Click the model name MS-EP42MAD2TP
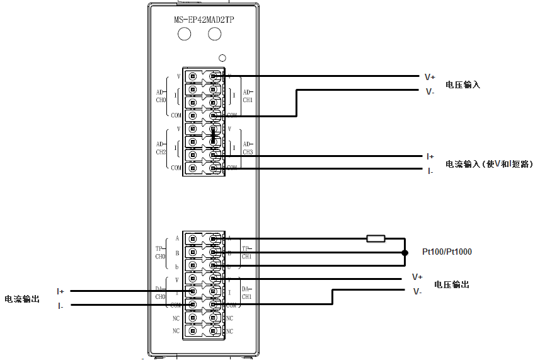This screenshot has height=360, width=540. click(x=204, y=19)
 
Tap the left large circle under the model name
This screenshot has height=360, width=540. click(x=185, y=34)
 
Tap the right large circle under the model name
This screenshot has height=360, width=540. click(x=215, y=34)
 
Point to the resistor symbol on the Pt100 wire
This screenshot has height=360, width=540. click(x=376, y=238)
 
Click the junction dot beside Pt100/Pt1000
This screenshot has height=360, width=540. click(x=404, y=252)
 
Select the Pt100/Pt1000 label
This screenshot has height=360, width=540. click(x=447, y=252)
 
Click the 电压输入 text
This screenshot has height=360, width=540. click(x=462, y=84)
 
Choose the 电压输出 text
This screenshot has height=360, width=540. click(x=452, y=285)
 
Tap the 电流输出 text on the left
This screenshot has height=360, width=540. click(x=22, y=299)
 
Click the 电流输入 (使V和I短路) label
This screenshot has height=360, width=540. click(x=489, y=164)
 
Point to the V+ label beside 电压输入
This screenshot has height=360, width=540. click(x=430, y=77)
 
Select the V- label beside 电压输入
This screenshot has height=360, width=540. click(x=430, y=92)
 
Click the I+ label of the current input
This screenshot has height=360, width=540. click(x=430, y=156)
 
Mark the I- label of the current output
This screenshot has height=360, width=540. click(x=60, y=306)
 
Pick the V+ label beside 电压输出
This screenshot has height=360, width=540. click(x=417, y=277)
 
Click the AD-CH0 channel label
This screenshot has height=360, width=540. click(x=160, y=96)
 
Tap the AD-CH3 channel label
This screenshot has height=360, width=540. click(x=248, y=148)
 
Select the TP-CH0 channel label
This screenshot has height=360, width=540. click(x=160, y=253)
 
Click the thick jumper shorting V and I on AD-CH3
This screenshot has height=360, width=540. click(x=214, y=136)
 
